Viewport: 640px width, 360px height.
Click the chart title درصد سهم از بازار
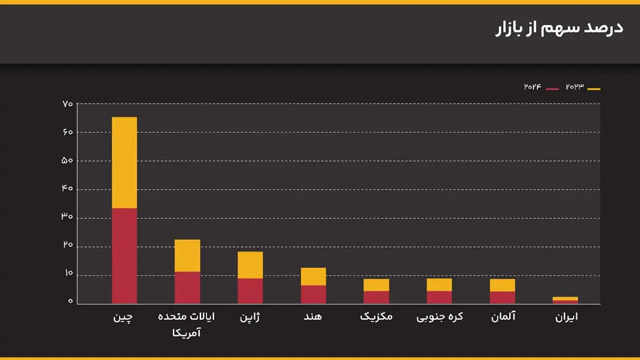(558, 30)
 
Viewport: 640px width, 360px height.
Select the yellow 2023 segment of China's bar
(124, 162)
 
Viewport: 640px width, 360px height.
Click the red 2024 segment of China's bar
(124, 256)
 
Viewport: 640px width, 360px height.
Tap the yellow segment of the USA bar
(187, 256)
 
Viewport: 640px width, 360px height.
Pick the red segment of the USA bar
(187, 287)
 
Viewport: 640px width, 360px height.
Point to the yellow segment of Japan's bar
(250, 265)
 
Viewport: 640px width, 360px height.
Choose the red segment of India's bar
(313, 294)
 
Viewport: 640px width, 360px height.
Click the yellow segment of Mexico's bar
(377, 284)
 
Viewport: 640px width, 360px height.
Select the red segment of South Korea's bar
(439, 297)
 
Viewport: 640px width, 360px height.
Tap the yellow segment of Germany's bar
(503, 284)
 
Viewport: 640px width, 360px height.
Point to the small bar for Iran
(565, 300)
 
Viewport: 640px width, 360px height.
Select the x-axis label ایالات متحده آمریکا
(187, 325)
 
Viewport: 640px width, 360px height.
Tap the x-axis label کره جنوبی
(440, 317)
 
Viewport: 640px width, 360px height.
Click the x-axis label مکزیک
(377, 317)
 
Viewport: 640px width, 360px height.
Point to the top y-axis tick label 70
(68, 104)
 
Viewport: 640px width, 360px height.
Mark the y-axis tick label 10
(68, 274)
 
